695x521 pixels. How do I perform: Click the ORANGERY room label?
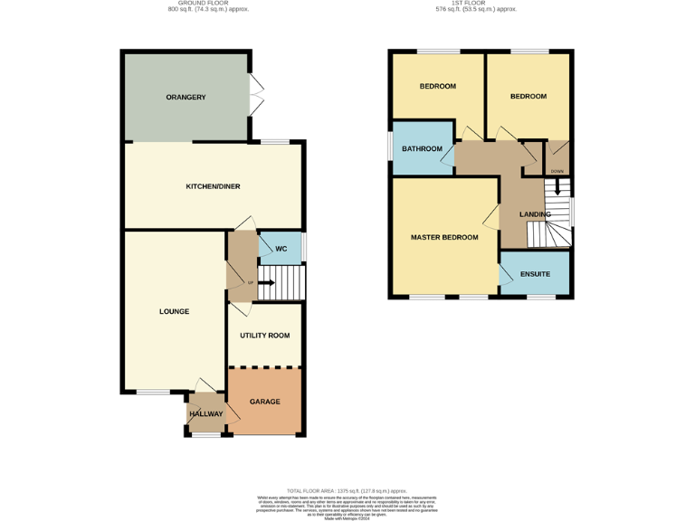[186, 98]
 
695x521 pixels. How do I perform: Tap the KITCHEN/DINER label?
[213, 186]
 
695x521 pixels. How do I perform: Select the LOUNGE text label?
[174, 312]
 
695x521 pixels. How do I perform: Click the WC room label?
[281, 248]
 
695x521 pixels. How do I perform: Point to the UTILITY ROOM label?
[264, 336]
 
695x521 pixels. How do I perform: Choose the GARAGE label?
[264, 402]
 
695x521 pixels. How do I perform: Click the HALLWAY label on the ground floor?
[205, 414]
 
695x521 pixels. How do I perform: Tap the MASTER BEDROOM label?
[443, 238]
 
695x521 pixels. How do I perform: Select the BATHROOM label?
[422, 149]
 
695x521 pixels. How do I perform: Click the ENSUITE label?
[535, 273]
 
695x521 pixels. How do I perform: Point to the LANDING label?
[535, 214]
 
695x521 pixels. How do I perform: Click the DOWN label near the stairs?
[557, 171]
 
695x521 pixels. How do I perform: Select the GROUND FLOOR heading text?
[208, 4]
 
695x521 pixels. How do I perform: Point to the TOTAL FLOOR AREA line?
[347, 490]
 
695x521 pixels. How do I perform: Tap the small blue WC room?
[281, 250]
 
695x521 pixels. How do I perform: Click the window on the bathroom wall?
[390, 147]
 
